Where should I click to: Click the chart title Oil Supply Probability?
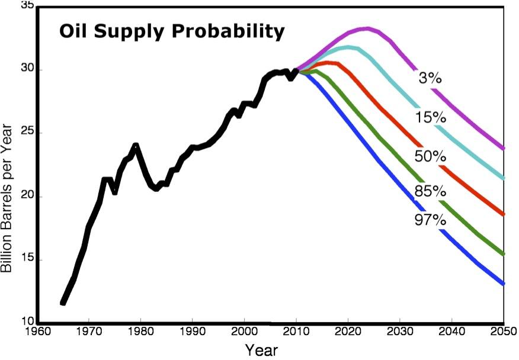[172, 31]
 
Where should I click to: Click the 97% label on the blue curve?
[429, 221]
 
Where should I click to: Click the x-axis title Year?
[261, 349]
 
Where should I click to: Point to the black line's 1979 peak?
[136, 144]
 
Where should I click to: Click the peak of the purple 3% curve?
[367, 28]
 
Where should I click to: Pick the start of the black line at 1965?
[63, 303]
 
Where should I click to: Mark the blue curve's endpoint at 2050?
[503, 284]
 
